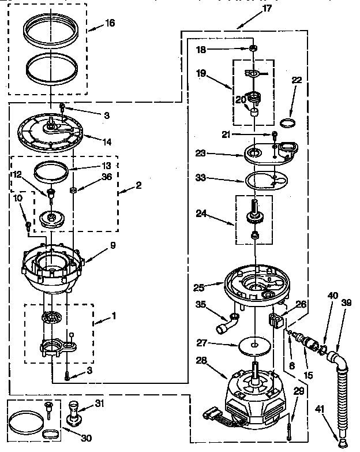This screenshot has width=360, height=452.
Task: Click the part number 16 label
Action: [x=110, y=23]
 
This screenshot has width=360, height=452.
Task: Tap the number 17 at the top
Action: [x=267, y=8]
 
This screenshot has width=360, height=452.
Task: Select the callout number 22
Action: [x=297, y=80]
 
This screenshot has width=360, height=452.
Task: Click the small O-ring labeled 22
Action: [x=286, y=122]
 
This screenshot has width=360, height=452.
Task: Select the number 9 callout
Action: [x=113, y=245]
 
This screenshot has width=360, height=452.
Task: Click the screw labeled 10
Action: [x=28, y=222]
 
